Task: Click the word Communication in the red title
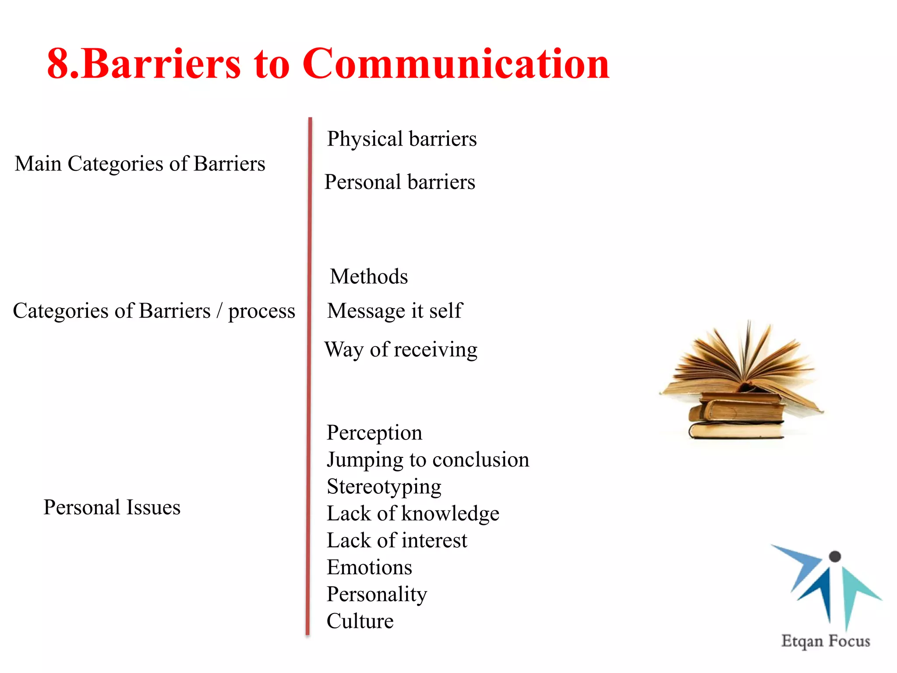[456, 64]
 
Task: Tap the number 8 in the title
[58, 64]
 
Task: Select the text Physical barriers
[402, 139]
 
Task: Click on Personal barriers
[399, 182]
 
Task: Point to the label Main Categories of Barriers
[140, 164]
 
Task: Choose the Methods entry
[369, 276]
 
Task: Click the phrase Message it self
[395, 311]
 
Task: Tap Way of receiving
[401, 350]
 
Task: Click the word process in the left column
[261, 312]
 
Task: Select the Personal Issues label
[112, 507]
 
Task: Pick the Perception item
[374, 433]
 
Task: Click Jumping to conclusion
[428, 460]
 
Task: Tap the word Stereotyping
[384, 487]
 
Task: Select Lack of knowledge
[413, 514]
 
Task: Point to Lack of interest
[397, 540]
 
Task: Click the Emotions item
[369, 567]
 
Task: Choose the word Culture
[360, 621]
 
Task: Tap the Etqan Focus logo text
[825, 641]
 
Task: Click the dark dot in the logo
[835, 556]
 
